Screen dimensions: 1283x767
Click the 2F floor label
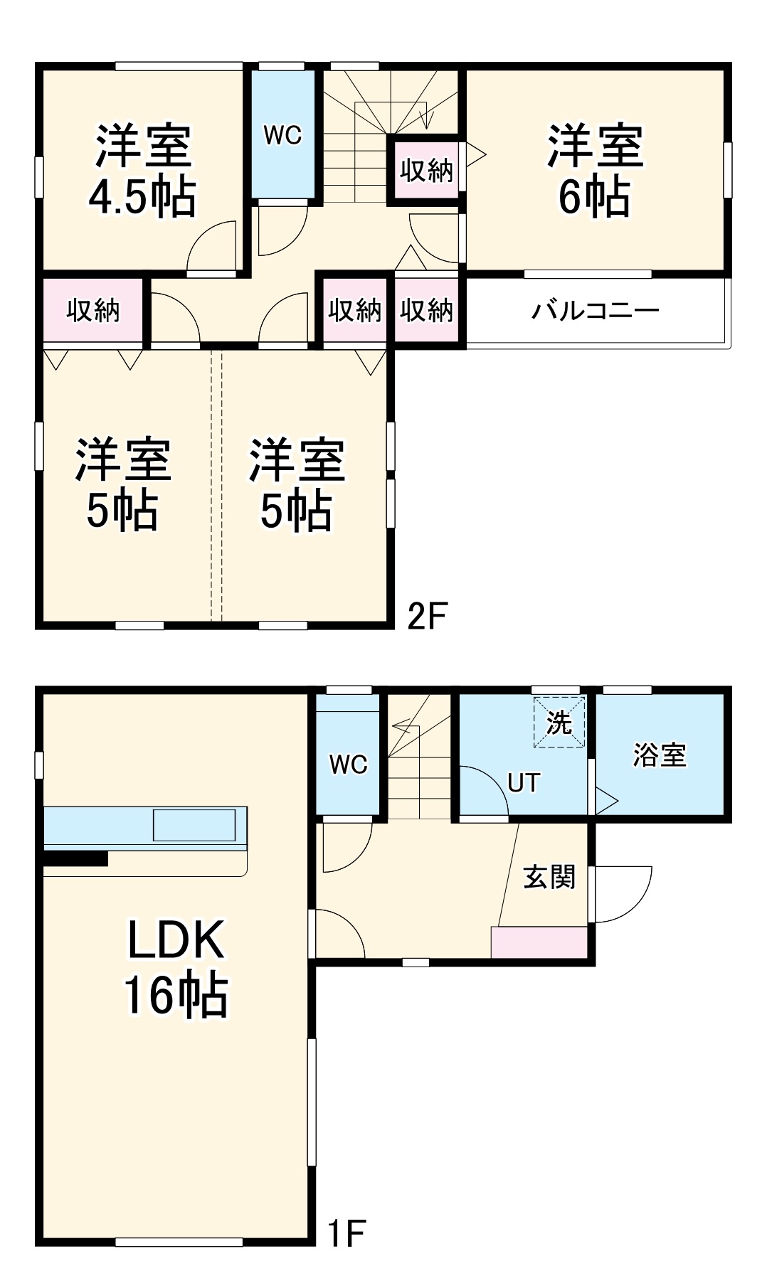point(426,616)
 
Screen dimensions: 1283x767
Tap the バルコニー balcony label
point(596,311)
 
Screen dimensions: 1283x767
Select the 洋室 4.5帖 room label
point(142,171)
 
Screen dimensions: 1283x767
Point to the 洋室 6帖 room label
point(595,171)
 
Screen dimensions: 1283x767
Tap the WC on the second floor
point(282,134)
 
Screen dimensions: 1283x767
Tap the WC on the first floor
point(348,765)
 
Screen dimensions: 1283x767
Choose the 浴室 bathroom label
point(660,755)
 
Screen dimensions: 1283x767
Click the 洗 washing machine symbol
point(559,723)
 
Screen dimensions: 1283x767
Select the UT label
point(524,783)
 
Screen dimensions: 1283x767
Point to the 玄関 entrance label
point(549,877)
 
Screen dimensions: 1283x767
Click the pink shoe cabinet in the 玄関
point(539,942)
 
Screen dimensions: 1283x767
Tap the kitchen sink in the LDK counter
point(194,825)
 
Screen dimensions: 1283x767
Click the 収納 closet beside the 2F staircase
point(426,171)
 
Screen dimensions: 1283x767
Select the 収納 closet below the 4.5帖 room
point(93,311)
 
